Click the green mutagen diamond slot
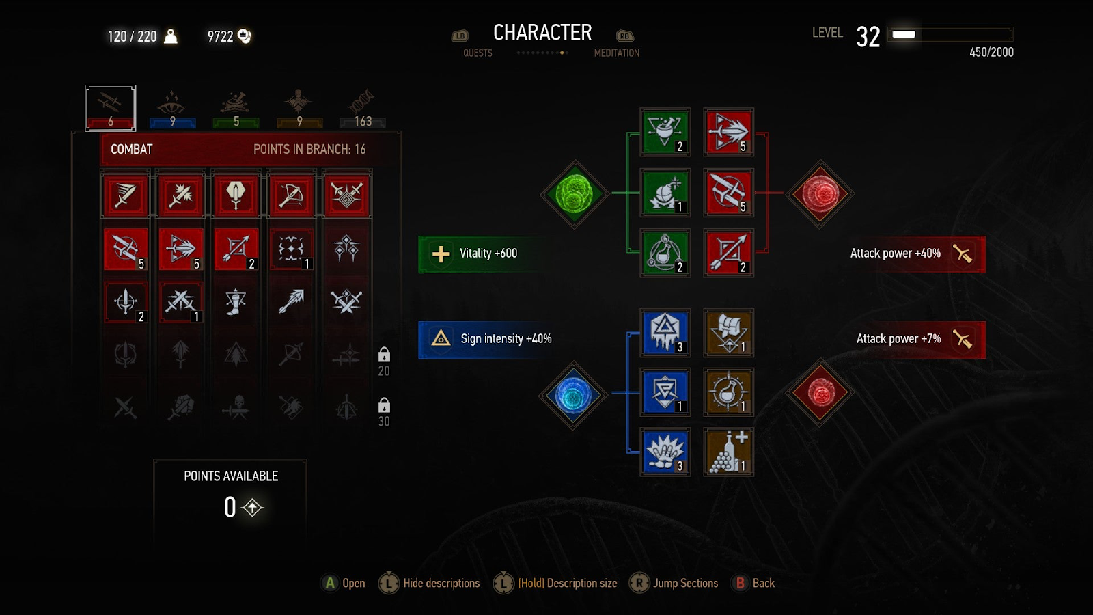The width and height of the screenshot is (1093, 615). pyautogui.click(x=574, y=193)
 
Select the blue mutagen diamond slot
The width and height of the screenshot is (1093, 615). pyautogui.click(x=573, y=395)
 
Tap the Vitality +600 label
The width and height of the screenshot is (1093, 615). pyautogui.click(x=488, y=254)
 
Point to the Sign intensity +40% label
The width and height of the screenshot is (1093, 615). pyautogui.click(x=506, y=339)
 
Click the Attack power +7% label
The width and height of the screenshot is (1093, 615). pyautogui.click(x=898, y=339)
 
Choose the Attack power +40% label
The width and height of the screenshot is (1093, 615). pyautogui.click(x=895, y=254)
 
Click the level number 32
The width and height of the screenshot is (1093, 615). pyautogui.click(x=868, y=37)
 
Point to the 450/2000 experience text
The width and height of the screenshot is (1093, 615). pyautogui.click(x=991, y=53)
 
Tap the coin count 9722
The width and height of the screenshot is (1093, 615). pyautogui.click(x=220, y=37)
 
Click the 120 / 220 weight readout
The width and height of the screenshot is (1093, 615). pyautogui.click(x=133, y=37)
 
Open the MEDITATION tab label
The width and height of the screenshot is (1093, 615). pyautogui.click(x=616, y=53)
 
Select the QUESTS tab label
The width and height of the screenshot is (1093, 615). pyautogui.click(x=478, y=53)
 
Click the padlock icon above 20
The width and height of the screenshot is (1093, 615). pyautogui.click(x=384, y=355)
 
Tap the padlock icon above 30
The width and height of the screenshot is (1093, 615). pyautogui.click(x=384, y=405)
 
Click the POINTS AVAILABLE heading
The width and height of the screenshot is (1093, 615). pyautogui.click(x=231, y=476)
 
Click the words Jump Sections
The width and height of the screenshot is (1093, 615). pyautogui.click(x=685, y=583)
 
